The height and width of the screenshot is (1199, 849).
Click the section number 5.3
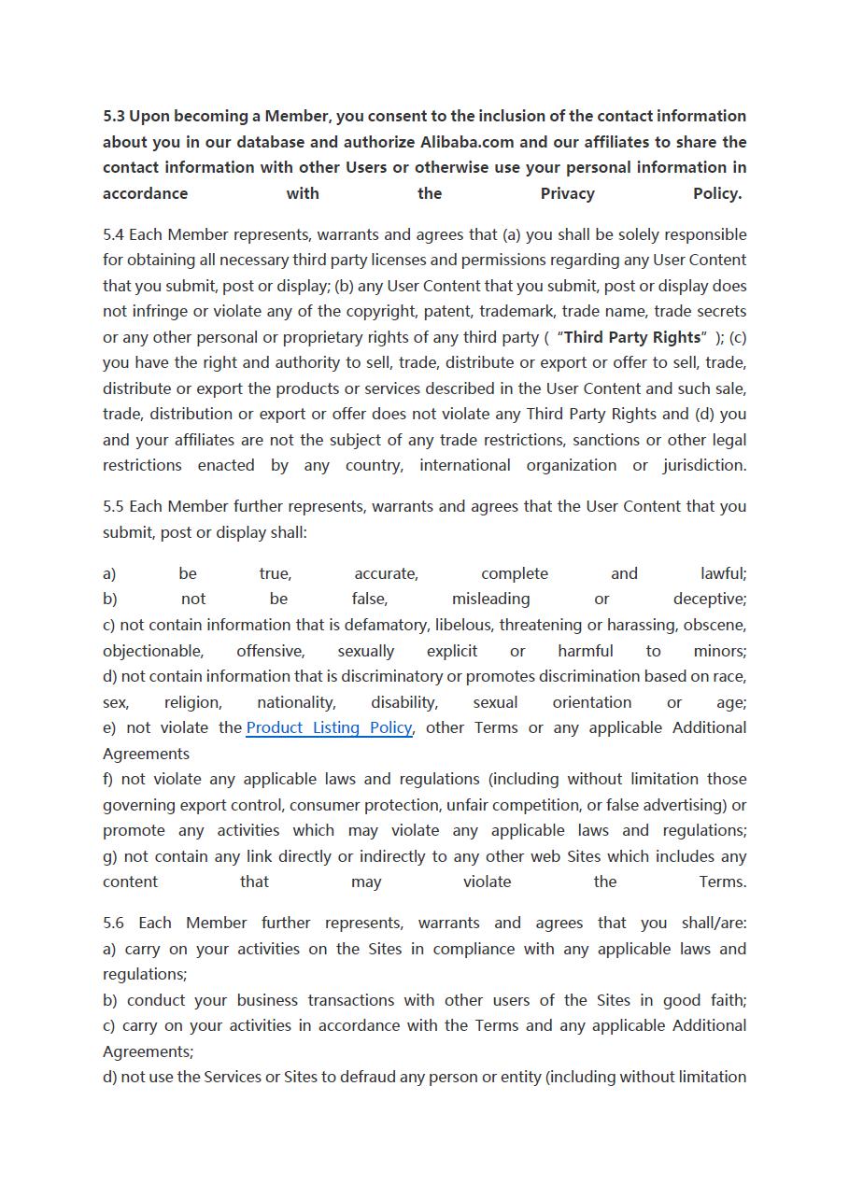[x=114, y=117]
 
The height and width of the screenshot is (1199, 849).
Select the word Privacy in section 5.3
[x=567, y=194]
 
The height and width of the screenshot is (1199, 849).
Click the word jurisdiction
[x=703, y=466]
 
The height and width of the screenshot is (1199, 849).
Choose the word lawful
[x=722, y=574]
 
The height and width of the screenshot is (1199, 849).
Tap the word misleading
[x=490, y=599]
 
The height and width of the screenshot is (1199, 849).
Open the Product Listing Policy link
[x=329, y=728]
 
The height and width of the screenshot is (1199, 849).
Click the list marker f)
[x=108, y=780]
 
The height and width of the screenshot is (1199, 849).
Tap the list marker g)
[x=110, y=856]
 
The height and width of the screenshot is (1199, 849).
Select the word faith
[x=727, y=1000]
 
